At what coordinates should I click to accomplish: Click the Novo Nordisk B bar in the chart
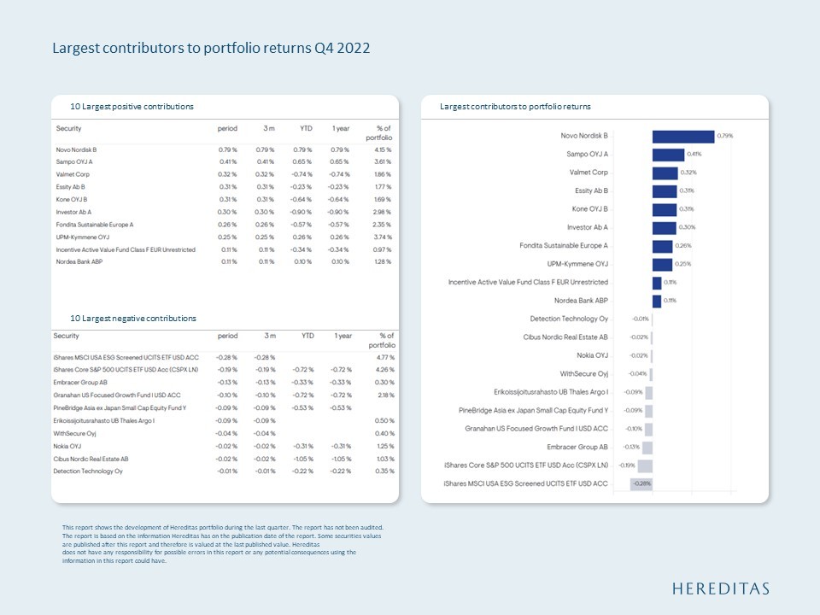pos(682,137)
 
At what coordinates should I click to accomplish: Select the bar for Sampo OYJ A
pos(668,155)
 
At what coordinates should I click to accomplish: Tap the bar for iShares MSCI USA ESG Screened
pos(641,484)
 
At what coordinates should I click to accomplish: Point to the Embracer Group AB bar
pos(647,448)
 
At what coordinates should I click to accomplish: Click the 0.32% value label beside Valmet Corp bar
pos(688,173)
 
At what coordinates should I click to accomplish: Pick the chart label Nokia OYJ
pos(591,355)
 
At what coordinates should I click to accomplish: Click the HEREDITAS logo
pos(721,589)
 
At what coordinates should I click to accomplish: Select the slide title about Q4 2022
pos(211,48)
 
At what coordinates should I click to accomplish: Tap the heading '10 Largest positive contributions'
pos(132,107)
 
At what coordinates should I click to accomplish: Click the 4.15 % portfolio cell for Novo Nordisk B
pos(381,149)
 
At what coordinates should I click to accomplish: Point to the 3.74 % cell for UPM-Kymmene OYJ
pos(381,237)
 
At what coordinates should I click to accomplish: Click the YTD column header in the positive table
pos(305,128)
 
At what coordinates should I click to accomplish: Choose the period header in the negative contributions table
pos(227,337)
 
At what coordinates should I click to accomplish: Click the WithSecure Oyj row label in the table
pos(74,433)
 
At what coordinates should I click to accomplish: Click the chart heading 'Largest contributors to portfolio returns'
pos(515,107)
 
